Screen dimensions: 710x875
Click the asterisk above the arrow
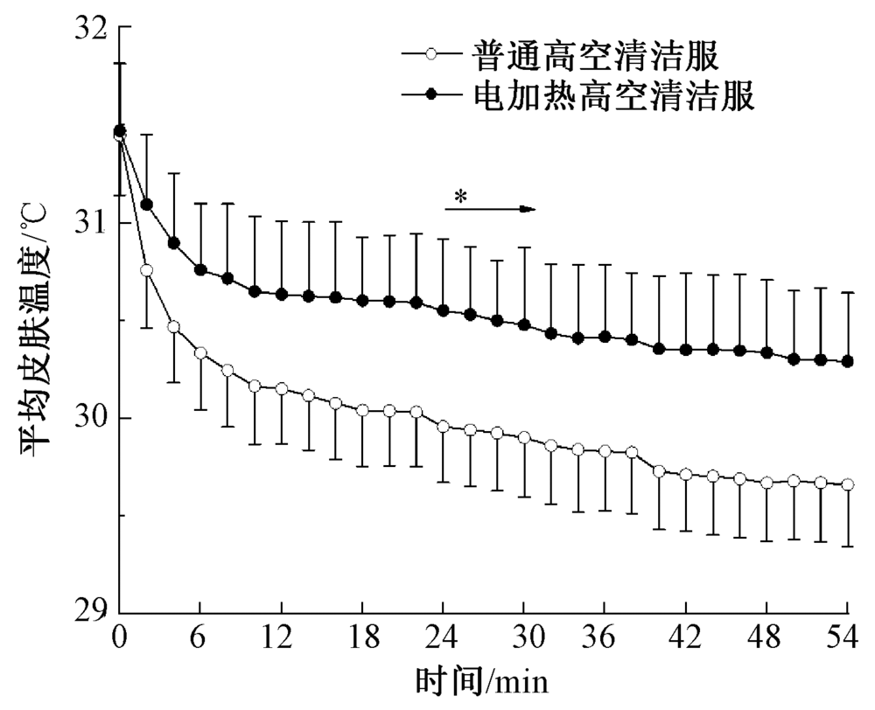tap(460, 197)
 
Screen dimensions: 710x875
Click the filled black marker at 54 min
tap(847, 361)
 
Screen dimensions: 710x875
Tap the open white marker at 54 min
tap(847, 484)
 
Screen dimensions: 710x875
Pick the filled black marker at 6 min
tap(200, 270)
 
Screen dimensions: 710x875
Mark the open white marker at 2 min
tap(146, 270)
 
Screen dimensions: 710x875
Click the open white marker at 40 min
tap(658, 471)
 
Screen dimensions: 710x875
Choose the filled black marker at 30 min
tap(524, 324)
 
